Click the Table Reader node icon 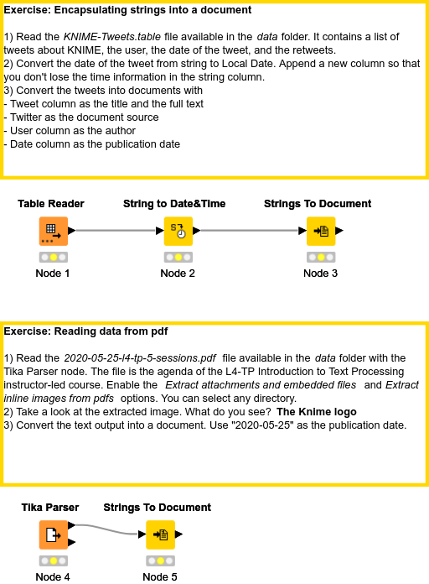pos(53,230)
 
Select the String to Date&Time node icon pos(178,230)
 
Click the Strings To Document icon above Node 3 pos(321,230)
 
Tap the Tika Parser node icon pos(53,534)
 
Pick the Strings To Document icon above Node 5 pos(160,534)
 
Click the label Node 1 pos(53,273)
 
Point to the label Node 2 pos(178,273)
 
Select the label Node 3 pos(321,273)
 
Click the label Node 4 pos(53,576)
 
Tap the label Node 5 pos(160,576)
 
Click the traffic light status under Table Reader pos(53,257)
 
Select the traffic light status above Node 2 pos(178,257)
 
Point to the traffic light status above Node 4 pos(53,561)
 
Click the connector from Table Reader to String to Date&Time pos(117,230)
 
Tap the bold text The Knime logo pos(317,411)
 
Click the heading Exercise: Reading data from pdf pos(86,331)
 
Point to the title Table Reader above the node pos(51,204)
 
